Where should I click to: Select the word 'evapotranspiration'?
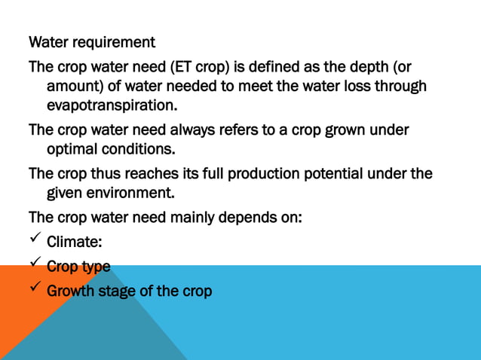110,104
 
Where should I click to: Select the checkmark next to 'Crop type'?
35,266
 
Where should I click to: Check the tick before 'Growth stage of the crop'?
35,290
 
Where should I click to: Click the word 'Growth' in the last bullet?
70,291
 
